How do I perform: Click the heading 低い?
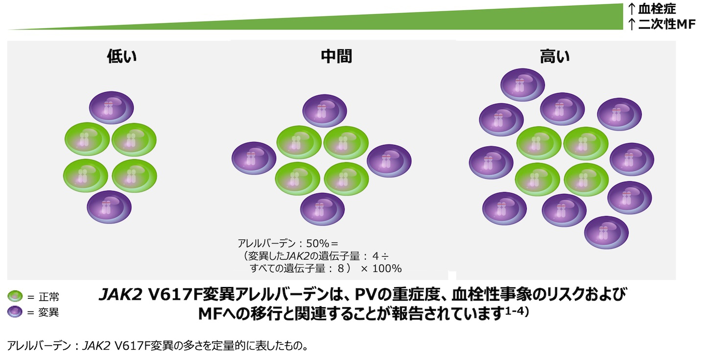[122, 57]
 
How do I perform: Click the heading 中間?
[336, 57]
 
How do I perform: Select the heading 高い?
[555, 57]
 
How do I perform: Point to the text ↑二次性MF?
[661, 24]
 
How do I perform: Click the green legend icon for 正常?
[16, 296]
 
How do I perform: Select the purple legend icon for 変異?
[16, 312]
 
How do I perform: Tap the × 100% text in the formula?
[381, 268]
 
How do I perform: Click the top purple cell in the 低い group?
[112, 107]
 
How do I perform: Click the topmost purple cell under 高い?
[522, 84]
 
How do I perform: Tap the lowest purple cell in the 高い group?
[607, 232]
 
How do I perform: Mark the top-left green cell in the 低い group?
[87, 139]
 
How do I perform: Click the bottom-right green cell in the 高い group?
[586, 179]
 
